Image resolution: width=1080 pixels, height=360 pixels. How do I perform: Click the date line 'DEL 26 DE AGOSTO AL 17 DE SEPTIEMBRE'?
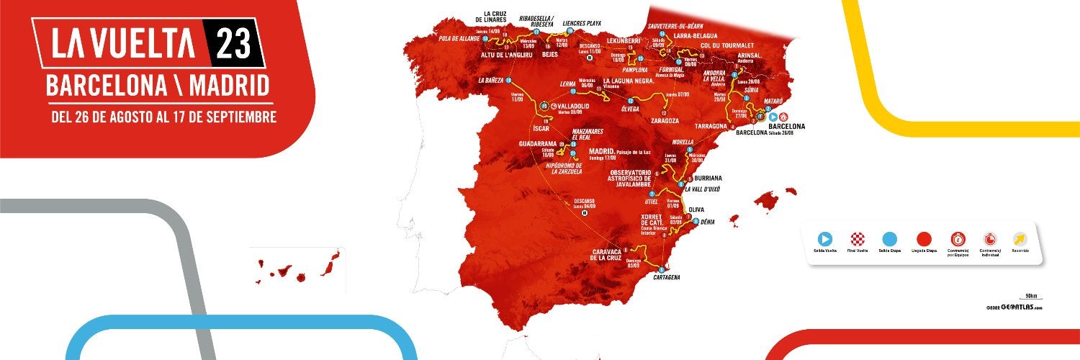click(163, 117)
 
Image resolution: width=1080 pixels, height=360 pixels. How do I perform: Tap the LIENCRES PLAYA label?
click(582, 23)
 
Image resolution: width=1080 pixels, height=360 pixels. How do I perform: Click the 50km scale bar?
click(1030, 297)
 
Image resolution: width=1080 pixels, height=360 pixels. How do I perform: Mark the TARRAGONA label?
click(710, 126)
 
